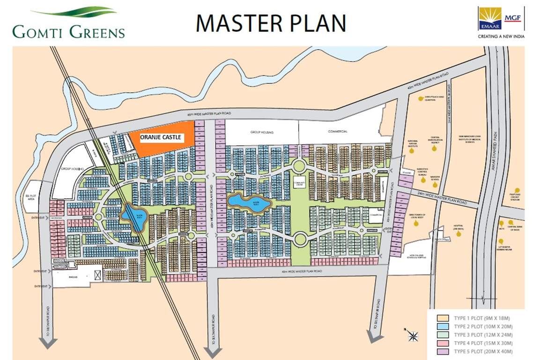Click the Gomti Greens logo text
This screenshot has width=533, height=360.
pos(68,32)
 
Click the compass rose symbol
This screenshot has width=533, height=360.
pos(413,335)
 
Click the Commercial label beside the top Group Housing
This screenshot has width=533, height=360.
pos(338,132)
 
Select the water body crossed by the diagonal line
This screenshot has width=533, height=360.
pos(135,217)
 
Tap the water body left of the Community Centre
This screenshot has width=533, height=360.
pos(249,203)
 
